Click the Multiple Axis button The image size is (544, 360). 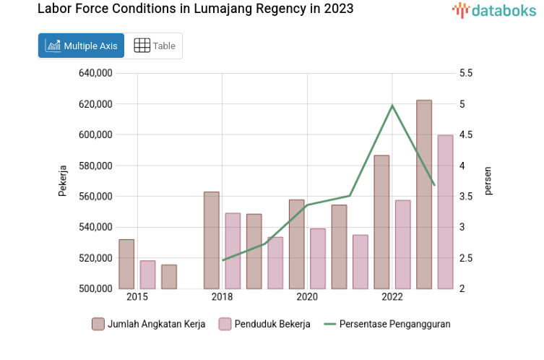coord(81,46)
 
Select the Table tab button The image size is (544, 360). coord(155,46)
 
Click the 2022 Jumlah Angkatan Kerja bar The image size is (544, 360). coord(381,222)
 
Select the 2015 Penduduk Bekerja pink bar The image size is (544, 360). coord(147,275)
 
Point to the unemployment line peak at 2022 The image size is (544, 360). coord(392,106)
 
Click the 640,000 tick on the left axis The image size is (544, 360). coord(96,73)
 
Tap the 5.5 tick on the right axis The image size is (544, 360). coord(465,73)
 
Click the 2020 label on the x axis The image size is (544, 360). coord(307,297)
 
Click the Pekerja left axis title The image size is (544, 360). coord(63,181)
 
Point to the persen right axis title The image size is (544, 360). coord(488,181)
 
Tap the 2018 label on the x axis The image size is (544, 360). coord(222,297)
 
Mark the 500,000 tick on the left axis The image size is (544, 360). coord(96,288)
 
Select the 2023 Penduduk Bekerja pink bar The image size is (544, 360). coord(446,212)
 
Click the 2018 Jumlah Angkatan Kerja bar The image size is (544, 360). coord(211,240)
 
